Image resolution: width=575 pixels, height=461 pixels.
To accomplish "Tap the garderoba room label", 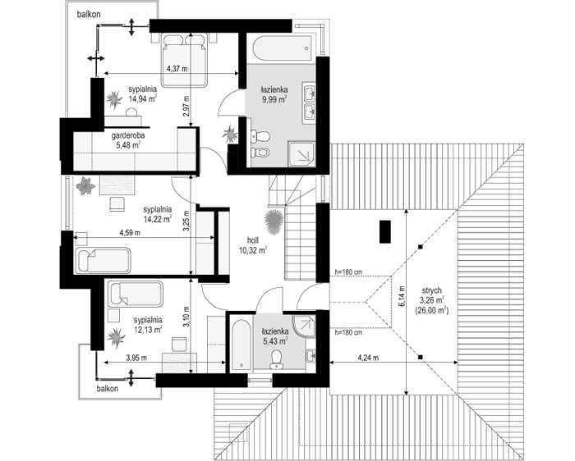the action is click(x=128, y=135).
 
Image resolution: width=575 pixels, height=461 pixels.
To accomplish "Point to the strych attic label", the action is click(x=431, y=290).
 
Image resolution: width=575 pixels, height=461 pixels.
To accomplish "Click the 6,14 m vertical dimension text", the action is click(x=402, y=296).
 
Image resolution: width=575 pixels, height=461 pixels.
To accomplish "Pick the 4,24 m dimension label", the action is click(x=368, y=358).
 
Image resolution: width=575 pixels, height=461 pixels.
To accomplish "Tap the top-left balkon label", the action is click(x=89, y=14).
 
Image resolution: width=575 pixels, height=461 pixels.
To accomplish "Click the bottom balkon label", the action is click(x=108, y=389).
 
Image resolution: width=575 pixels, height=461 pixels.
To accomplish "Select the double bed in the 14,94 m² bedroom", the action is click(x=184, y=61).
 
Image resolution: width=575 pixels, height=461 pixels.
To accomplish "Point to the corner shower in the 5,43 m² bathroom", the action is click(x=304, y=326).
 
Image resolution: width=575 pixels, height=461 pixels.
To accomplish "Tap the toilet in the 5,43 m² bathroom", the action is click(x=276, y=359).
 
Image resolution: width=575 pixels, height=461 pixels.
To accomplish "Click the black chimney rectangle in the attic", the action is click(x=385, y=232).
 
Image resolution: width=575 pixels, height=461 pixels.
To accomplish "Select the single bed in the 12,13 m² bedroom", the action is click(x=135, y=294).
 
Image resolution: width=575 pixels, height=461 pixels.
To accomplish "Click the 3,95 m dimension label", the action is click(x=136, y=358).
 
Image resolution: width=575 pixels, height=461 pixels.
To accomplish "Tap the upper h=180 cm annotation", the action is click(x=349, y=272).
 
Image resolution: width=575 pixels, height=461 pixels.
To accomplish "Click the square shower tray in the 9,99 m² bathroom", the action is click(x=301, y=153).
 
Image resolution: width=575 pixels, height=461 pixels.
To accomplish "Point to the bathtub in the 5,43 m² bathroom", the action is click(x=241, y=345).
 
